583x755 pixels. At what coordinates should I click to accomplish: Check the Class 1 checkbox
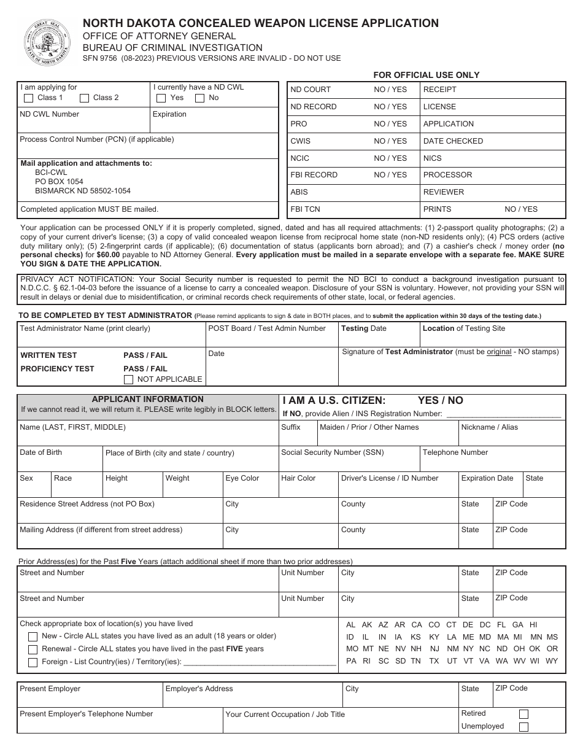pos(28,98)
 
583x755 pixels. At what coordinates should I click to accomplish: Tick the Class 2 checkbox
pos(85,98)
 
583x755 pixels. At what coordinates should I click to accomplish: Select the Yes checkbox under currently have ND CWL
pos(161,98)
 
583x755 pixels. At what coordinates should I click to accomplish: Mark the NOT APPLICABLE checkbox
pos(129,379)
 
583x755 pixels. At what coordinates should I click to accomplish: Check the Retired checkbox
pos(523,714)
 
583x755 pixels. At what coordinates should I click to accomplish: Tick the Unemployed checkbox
pos(523,727)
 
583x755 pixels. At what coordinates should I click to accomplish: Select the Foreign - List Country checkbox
pos(33,662)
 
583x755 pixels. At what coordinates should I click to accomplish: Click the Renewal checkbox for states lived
pos(33,649)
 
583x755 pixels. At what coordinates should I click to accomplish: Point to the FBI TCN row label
pos(305,209)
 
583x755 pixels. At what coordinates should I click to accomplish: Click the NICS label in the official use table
pos(432,158)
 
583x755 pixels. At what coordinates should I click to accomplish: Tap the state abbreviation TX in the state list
pos(434,661)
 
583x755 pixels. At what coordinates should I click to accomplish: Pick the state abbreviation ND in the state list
pos(502,649)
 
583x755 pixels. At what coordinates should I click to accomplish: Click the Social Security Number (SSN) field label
pos(332,452)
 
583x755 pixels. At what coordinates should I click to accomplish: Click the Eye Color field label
pos(242,478)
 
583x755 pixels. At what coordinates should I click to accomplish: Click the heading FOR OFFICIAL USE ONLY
pos(427,75)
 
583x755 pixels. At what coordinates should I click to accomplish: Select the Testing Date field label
pos(363,328)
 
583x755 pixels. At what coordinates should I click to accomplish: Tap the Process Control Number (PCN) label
pos(96,139)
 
